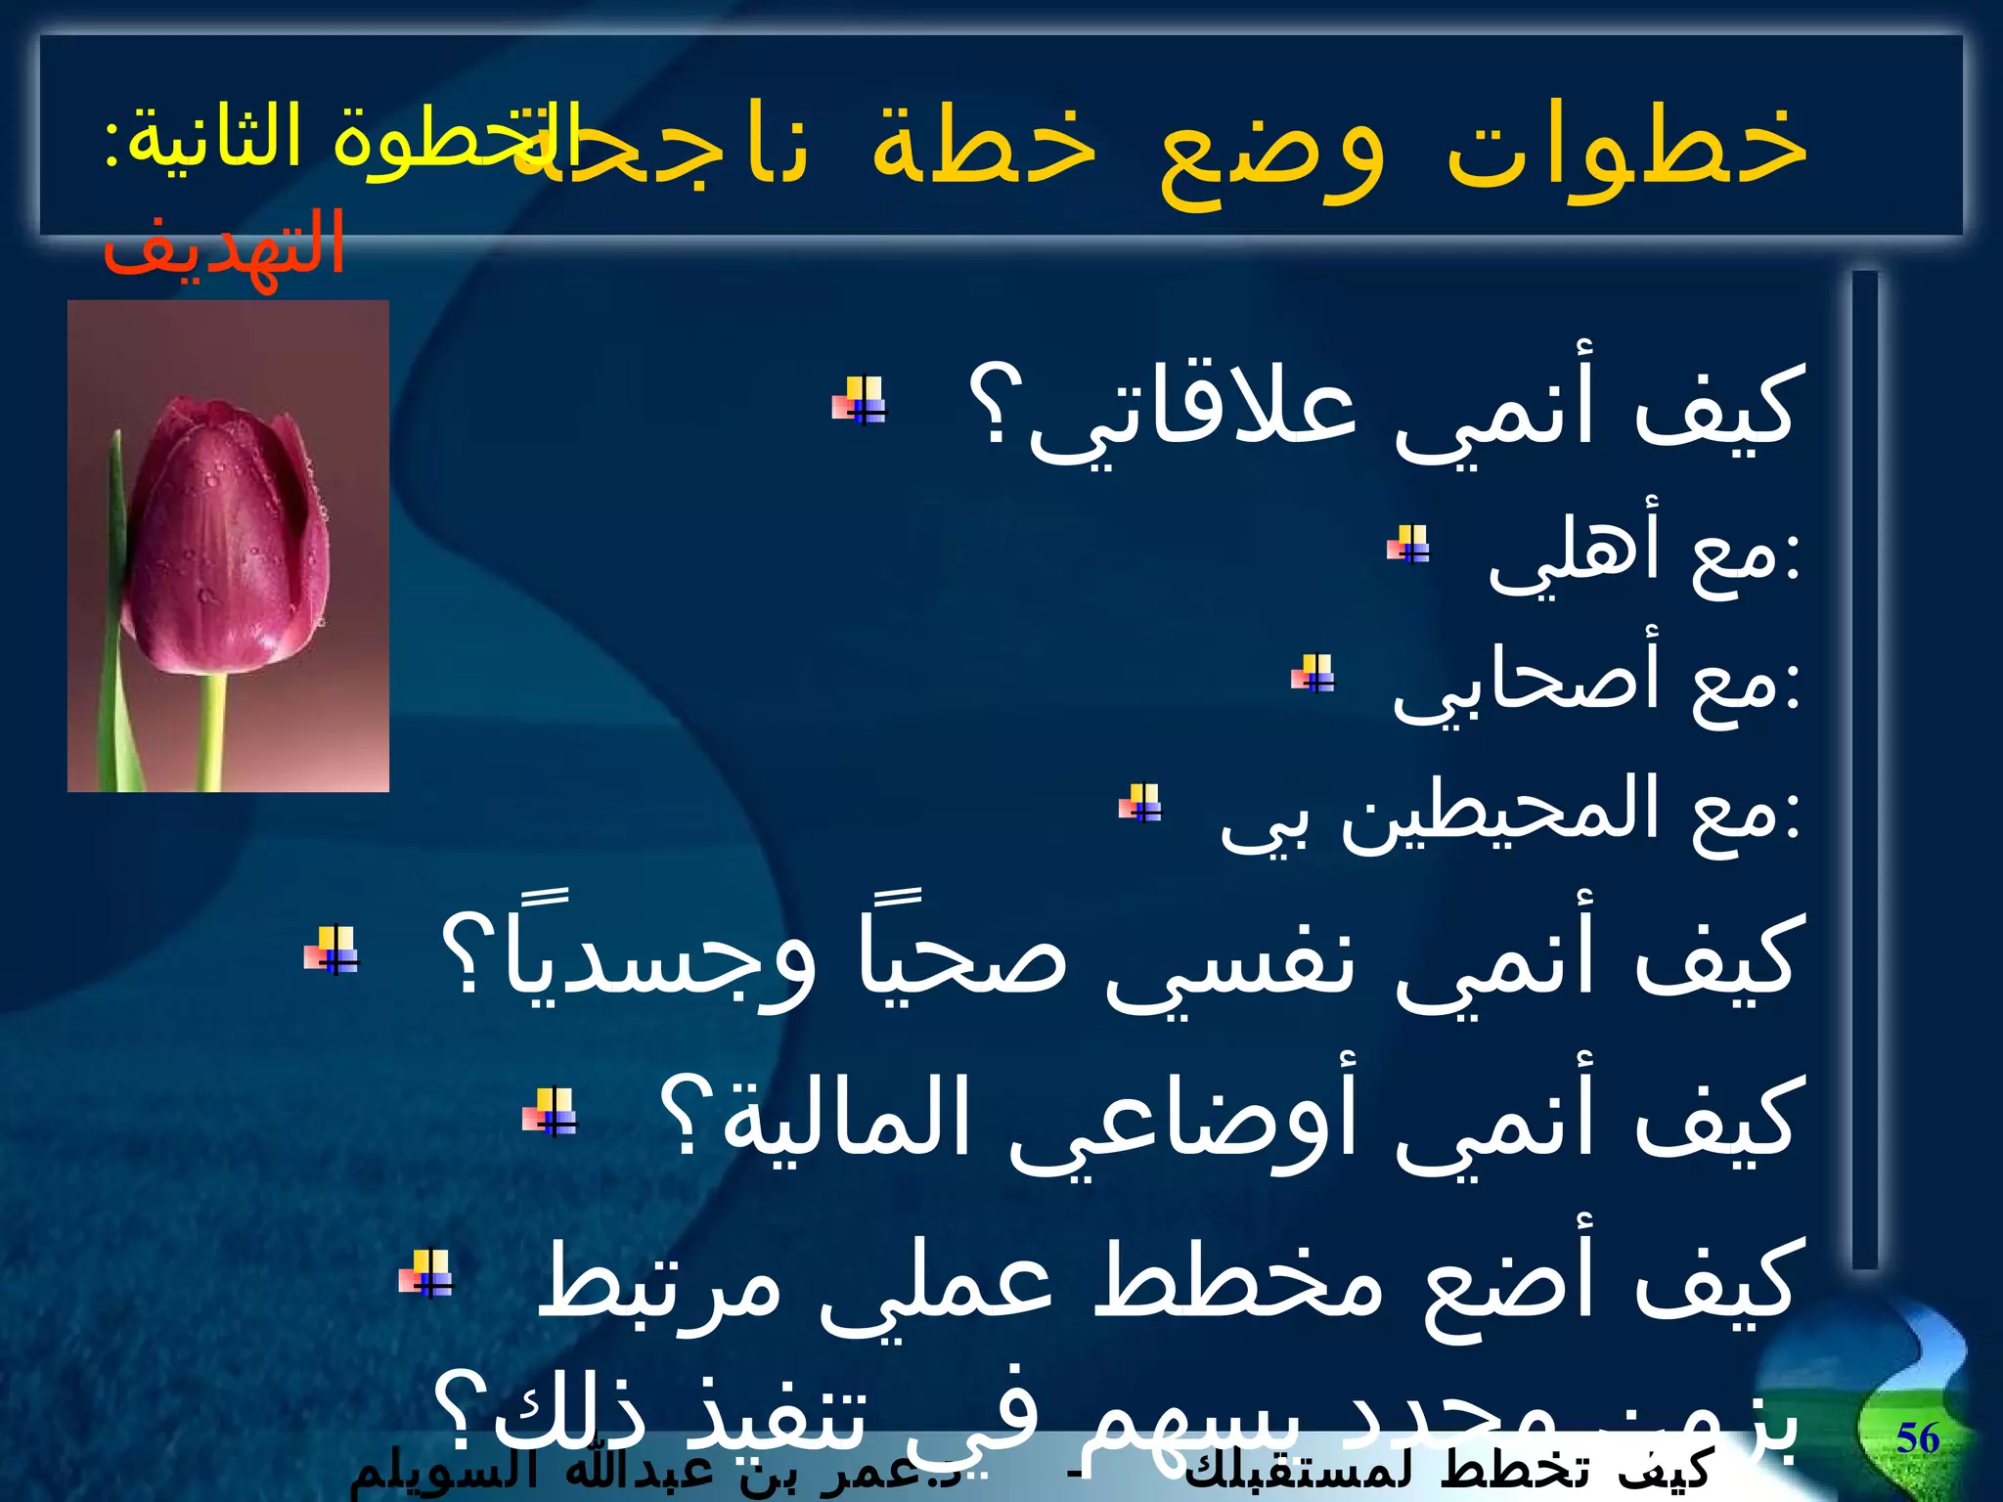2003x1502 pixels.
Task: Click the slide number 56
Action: [x=1917, y=1438]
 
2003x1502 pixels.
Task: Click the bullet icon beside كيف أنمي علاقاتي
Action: [x=859, y=401]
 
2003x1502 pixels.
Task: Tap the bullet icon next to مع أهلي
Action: [x=1408, y=544]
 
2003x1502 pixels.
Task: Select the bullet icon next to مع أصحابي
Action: [x=1313, y=674]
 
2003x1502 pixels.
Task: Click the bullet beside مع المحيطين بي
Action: [x=1140, y=804]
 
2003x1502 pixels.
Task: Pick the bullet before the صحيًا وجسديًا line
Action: [x=332, y=949]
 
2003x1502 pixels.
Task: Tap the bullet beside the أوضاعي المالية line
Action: [x=550, y=1112]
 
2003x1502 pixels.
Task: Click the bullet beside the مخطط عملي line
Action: [x=426, y=1274]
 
